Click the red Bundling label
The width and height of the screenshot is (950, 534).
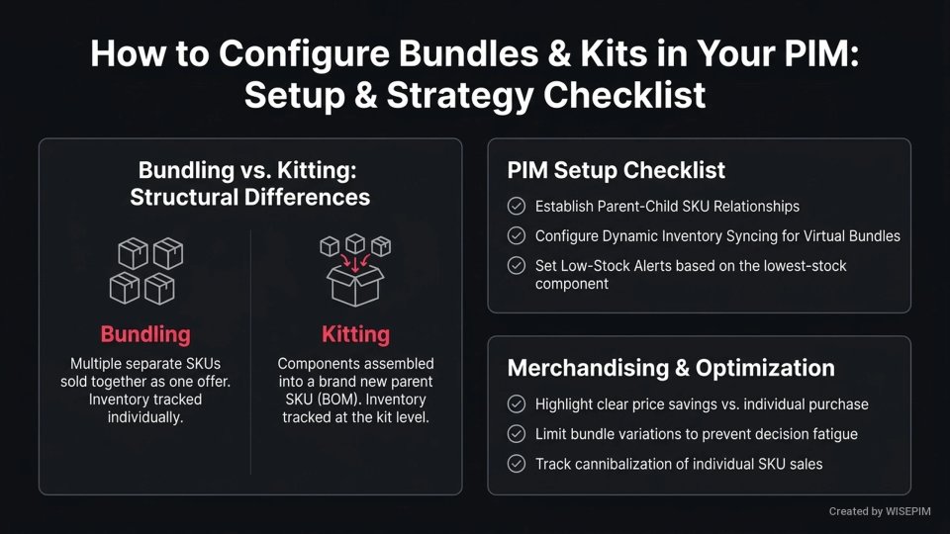click(144, 334)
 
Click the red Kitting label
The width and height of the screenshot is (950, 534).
click(355, 334)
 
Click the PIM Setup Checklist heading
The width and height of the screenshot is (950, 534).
click(616, 170)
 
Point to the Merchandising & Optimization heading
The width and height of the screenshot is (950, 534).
click(670, 368)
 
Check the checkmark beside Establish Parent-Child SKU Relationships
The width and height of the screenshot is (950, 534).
click(517, 207)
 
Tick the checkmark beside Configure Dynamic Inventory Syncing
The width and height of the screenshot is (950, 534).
click(517, 236)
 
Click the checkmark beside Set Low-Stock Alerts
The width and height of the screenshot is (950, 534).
click(517, 266)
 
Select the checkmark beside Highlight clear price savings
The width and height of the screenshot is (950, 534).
click(517, 404)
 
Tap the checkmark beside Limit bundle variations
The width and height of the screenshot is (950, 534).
click(517, 434)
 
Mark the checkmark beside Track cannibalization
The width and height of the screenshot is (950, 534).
click(517, 464)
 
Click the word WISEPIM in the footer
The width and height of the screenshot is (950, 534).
click(911, 511)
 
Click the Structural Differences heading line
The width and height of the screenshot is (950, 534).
click(249, 197)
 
